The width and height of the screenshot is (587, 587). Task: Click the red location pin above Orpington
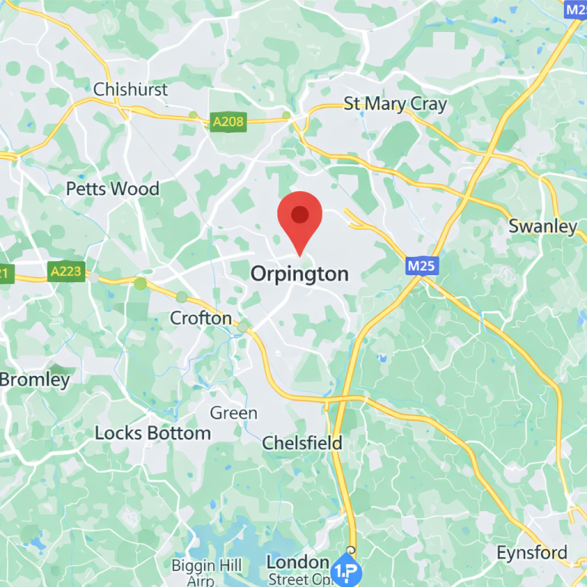click(x=300, y=216)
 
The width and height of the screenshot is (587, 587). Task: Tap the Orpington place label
click(x=300, y=274)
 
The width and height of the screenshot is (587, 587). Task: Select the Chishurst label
click(x=130, y=89)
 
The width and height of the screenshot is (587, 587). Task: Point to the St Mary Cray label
click(x=394, y=104)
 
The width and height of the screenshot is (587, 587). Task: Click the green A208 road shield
click(x=229, y=123)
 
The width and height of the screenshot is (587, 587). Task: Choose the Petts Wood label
click(x=112, y=189)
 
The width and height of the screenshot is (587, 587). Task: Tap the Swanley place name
click(x=543, y=226)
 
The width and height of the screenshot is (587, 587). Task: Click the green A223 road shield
click(x=66, y=272)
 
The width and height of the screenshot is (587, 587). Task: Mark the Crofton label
click(x=200, y=317)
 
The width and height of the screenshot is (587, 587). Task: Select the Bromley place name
click(x=34, y=379)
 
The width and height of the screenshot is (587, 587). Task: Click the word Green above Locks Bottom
click(x=233, y=413)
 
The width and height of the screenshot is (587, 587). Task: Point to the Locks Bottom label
click(x=152, y=433)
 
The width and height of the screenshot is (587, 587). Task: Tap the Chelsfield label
click(x=302, y=443)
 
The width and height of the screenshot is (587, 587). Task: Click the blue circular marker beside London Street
click(x=345, y=571)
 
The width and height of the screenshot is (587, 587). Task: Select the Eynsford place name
click(x=532, y=553)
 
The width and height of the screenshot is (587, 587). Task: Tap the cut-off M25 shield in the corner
click(x=576, y=9)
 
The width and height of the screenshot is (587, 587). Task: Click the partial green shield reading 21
click(x=5, y=273)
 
